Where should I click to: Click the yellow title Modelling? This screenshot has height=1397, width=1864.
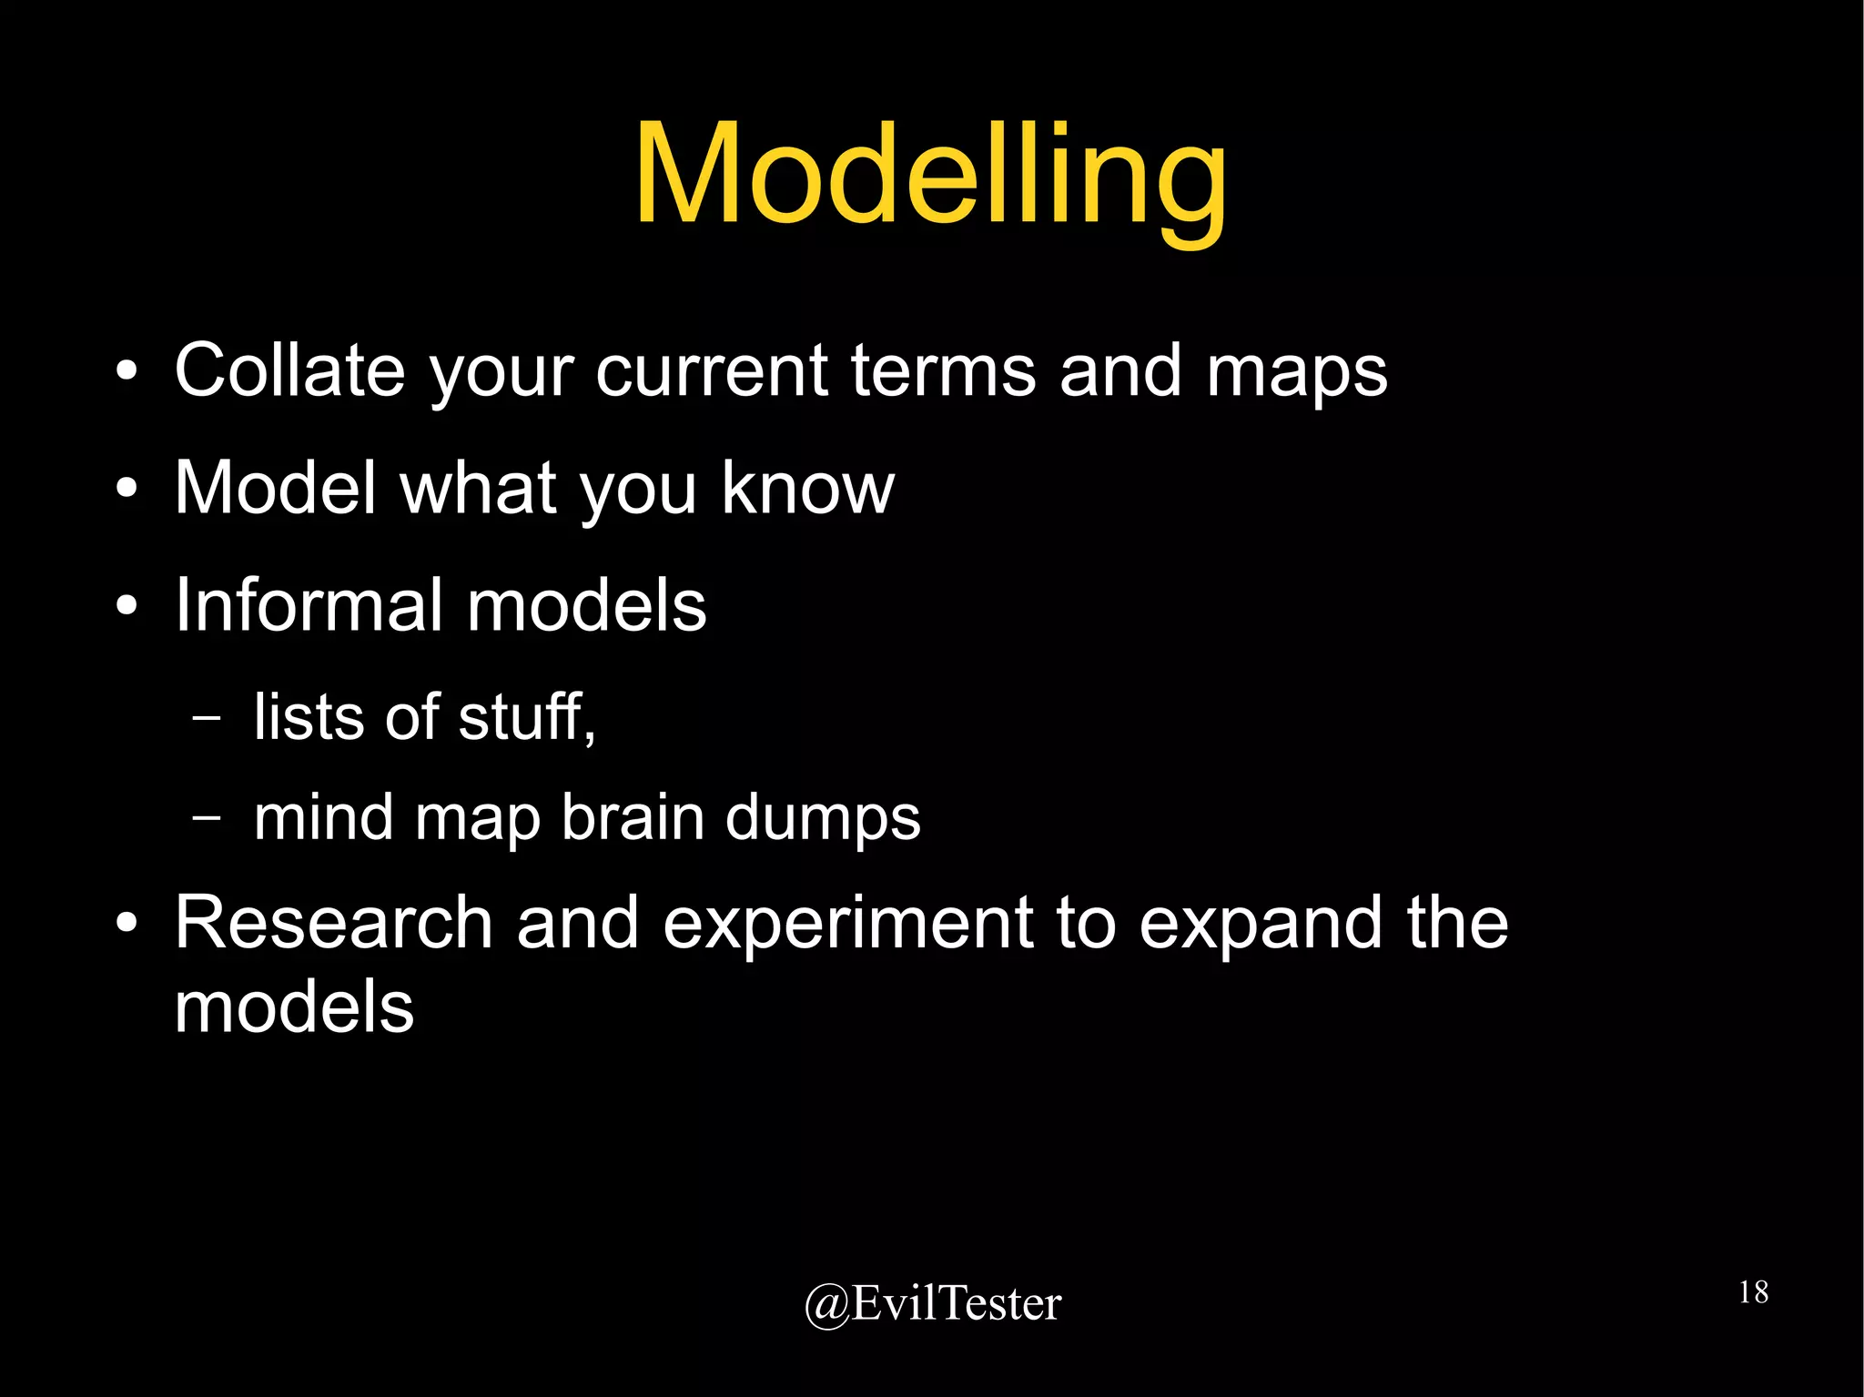click(930, 177)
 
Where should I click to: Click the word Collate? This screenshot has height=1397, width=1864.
click(289, 370)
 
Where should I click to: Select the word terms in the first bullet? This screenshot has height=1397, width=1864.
click(943, 370)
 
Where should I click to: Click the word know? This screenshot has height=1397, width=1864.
click(807, 488)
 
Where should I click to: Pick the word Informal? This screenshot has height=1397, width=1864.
click(309, 605)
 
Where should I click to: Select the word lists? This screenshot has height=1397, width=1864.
click(310, 716)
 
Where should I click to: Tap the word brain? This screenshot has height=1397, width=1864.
click(633, 816)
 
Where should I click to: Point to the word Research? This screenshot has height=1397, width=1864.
click(333, 923)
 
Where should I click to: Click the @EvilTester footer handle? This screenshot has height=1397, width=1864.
click(932, 1303)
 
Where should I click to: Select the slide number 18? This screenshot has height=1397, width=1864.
click(1753, 1291)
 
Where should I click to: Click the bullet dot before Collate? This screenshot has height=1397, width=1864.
click(127, 372)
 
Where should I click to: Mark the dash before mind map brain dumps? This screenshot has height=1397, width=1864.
click(208, 816)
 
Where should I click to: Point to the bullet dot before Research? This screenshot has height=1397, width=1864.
click(127, 925)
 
